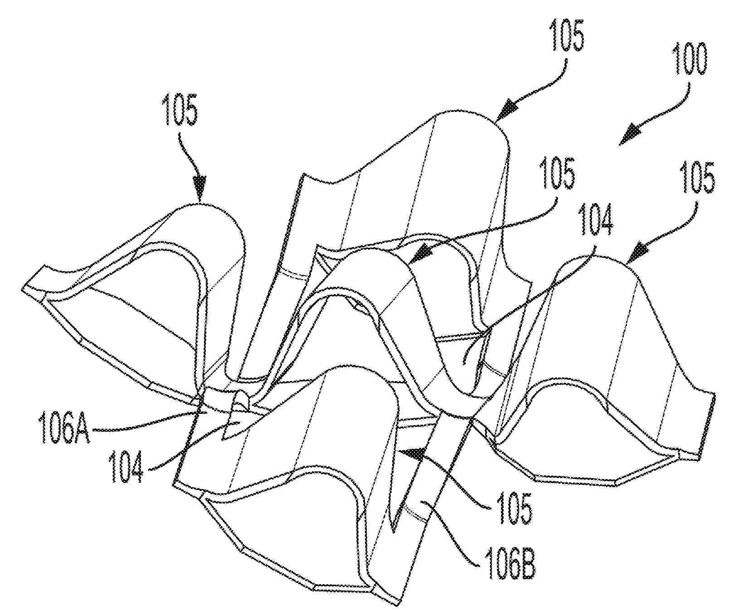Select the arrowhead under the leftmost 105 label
point(199,189)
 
